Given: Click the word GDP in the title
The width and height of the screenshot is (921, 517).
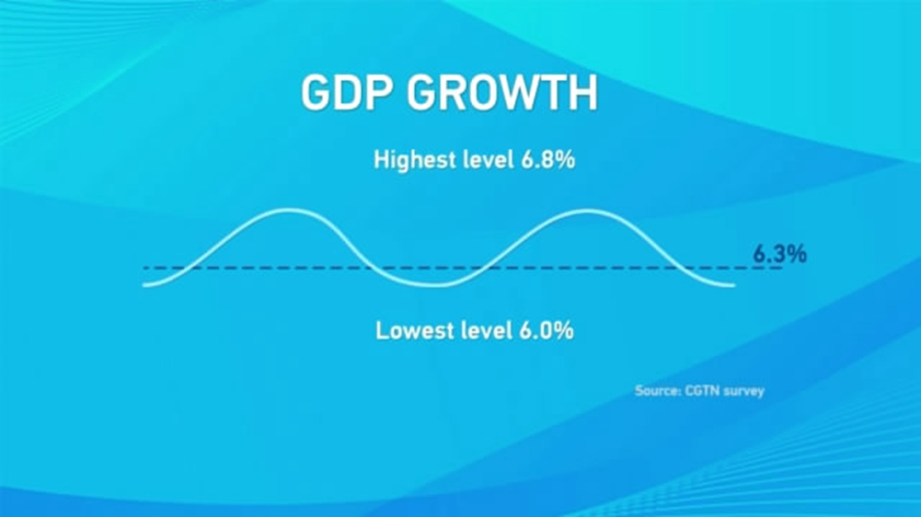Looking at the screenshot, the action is pos(345,92).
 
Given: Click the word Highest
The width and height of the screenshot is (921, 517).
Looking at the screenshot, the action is pos(415,159).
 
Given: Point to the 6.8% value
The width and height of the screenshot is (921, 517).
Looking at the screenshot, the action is pos(547,159).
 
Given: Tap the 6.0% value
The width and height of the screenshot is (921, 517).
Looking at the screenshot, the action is pos(546,331).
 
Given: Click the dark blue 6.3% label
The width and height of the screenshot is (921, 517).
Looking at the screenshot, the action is pos(780,254).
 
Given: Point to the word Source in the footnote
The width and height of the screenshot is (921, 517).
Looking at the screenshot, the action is pos(658,391).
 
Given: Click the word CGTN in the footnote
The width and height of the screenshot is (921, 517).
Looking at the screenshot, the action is pos(703,391).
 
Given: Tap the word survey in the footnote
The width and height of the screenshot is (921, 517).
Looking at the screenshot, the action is pos(744,391).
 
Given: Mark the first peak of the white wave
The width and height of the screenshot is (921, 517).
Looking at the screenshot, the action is pos(287,210).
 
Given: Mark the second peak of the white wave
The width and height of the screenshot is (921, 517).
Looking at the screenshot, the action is pos(587,211).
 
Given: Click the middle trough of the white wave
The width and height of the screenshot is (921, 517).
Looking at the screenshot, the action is pos(436,285).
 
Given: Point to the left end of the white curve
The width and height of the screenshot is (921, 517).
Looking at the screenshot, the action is pos(144,285).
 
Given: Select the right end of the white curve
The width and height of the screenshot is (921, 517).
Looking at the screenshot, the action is pos(734,286).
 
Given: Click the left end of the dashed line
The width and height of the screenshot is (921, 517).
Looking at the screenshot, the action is pos(145,268).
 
